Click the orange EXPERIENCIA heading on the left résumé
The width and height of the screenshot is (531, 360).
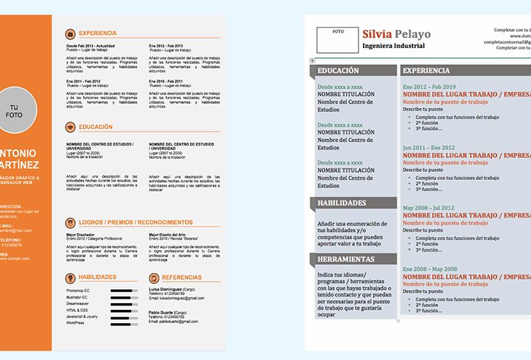coord(98,33)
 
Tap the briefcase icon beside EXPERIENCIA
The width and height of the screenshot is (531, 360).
coord(70,33)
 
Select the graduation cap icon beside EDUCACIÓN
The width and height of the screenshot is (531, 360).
coord(70,127)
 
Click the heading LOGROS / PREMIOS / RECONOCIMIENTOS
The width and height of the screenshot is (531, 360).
coord(136,222)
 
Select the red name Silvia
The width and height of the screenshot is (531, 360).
coord(378,33)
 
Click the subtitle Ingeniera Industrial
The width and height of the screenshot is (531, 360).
coord(394,46)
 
